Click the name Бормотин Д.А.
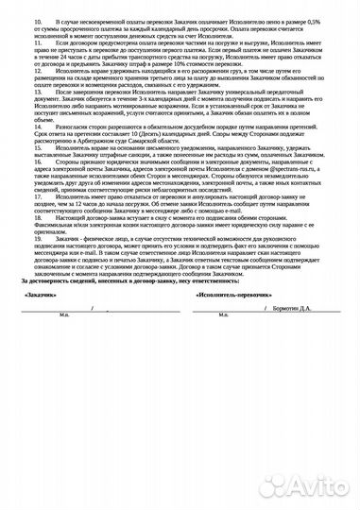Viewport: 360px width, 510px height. (317, 335)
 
